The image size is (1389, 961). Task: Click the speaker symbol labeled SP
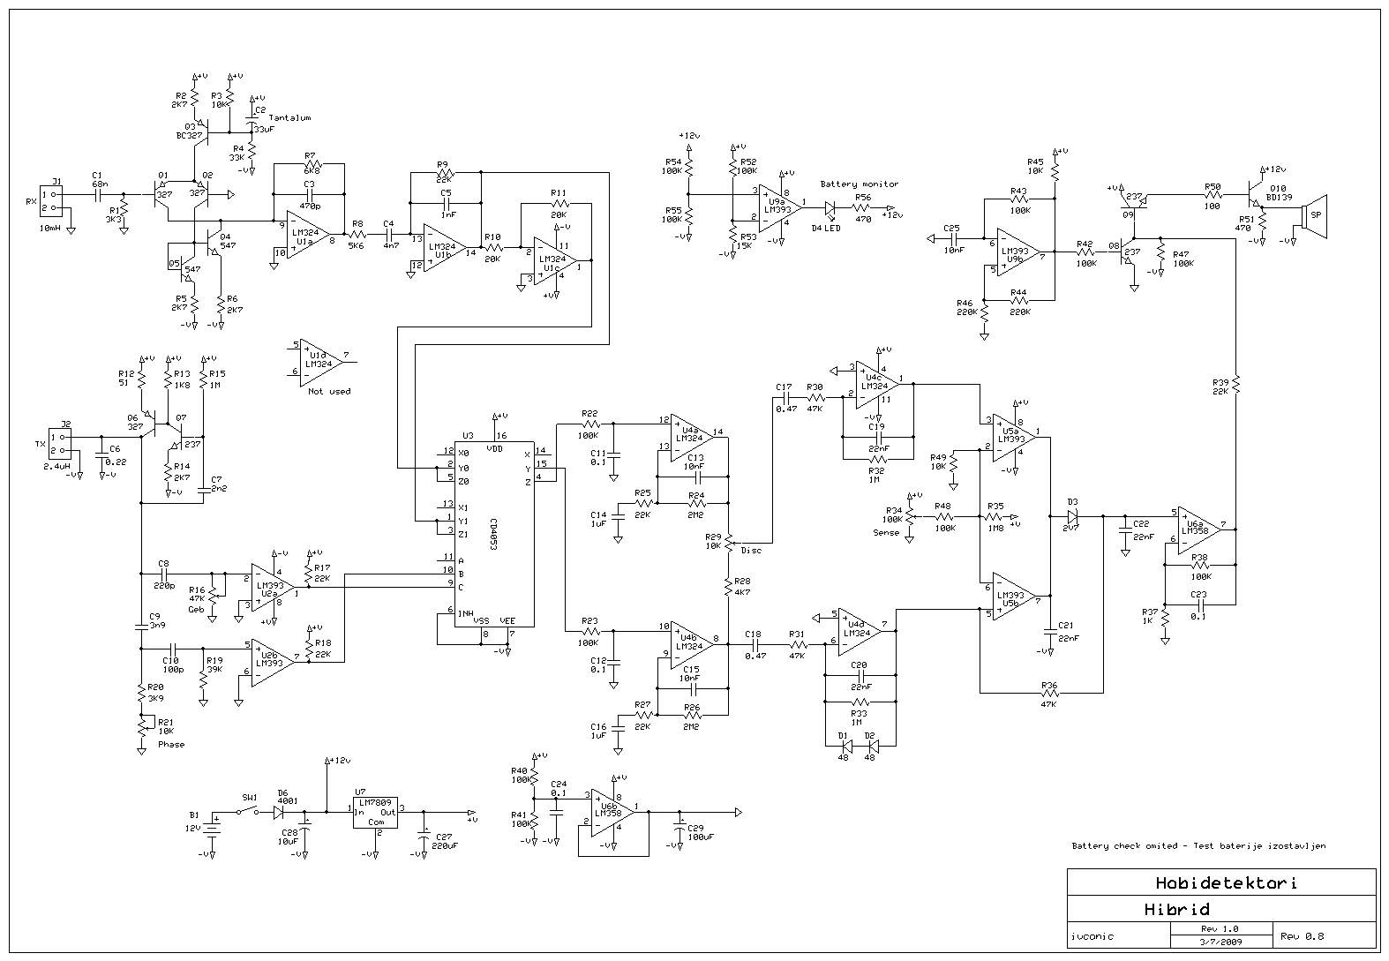point(1316,214)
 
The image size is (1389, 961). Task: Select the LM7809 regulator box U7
point(374,813)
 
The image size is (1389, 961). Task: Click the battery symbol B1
point(214,826)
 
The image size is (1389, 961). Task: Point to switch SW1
point(249,812)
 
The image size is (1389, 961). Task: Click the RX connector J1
point(57,202)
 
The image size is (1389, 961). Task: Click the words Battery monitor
point(859,184)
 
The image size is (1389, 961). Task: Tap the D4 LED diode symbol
point(830,208)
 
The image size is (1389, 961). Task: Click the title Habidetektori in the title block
point(1226,882)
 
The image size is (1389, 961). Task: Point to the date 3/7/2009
point(1220,941)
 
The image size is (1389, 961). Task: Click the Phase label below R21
point(171,744)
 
